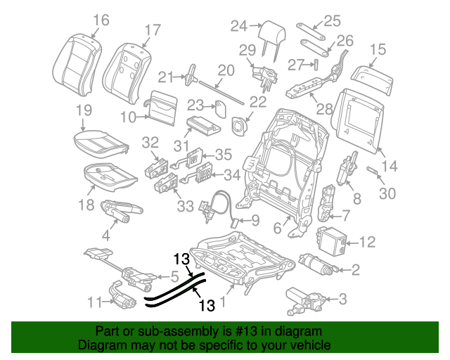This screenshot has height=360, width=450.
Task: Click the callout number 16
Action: coord(101,20)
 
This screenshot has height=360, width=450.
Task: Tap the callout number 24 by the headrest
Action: coord(239,26)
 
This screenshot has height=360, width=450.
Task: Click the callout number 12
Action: coord(368,243)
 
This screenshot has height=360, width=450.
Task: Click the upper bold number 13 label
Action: coord(182,259)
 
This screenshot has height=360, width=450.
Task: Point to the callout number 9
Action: coord(255,220)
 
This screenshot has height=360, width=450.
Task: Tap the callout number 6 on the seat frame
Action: coord(277,227)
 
